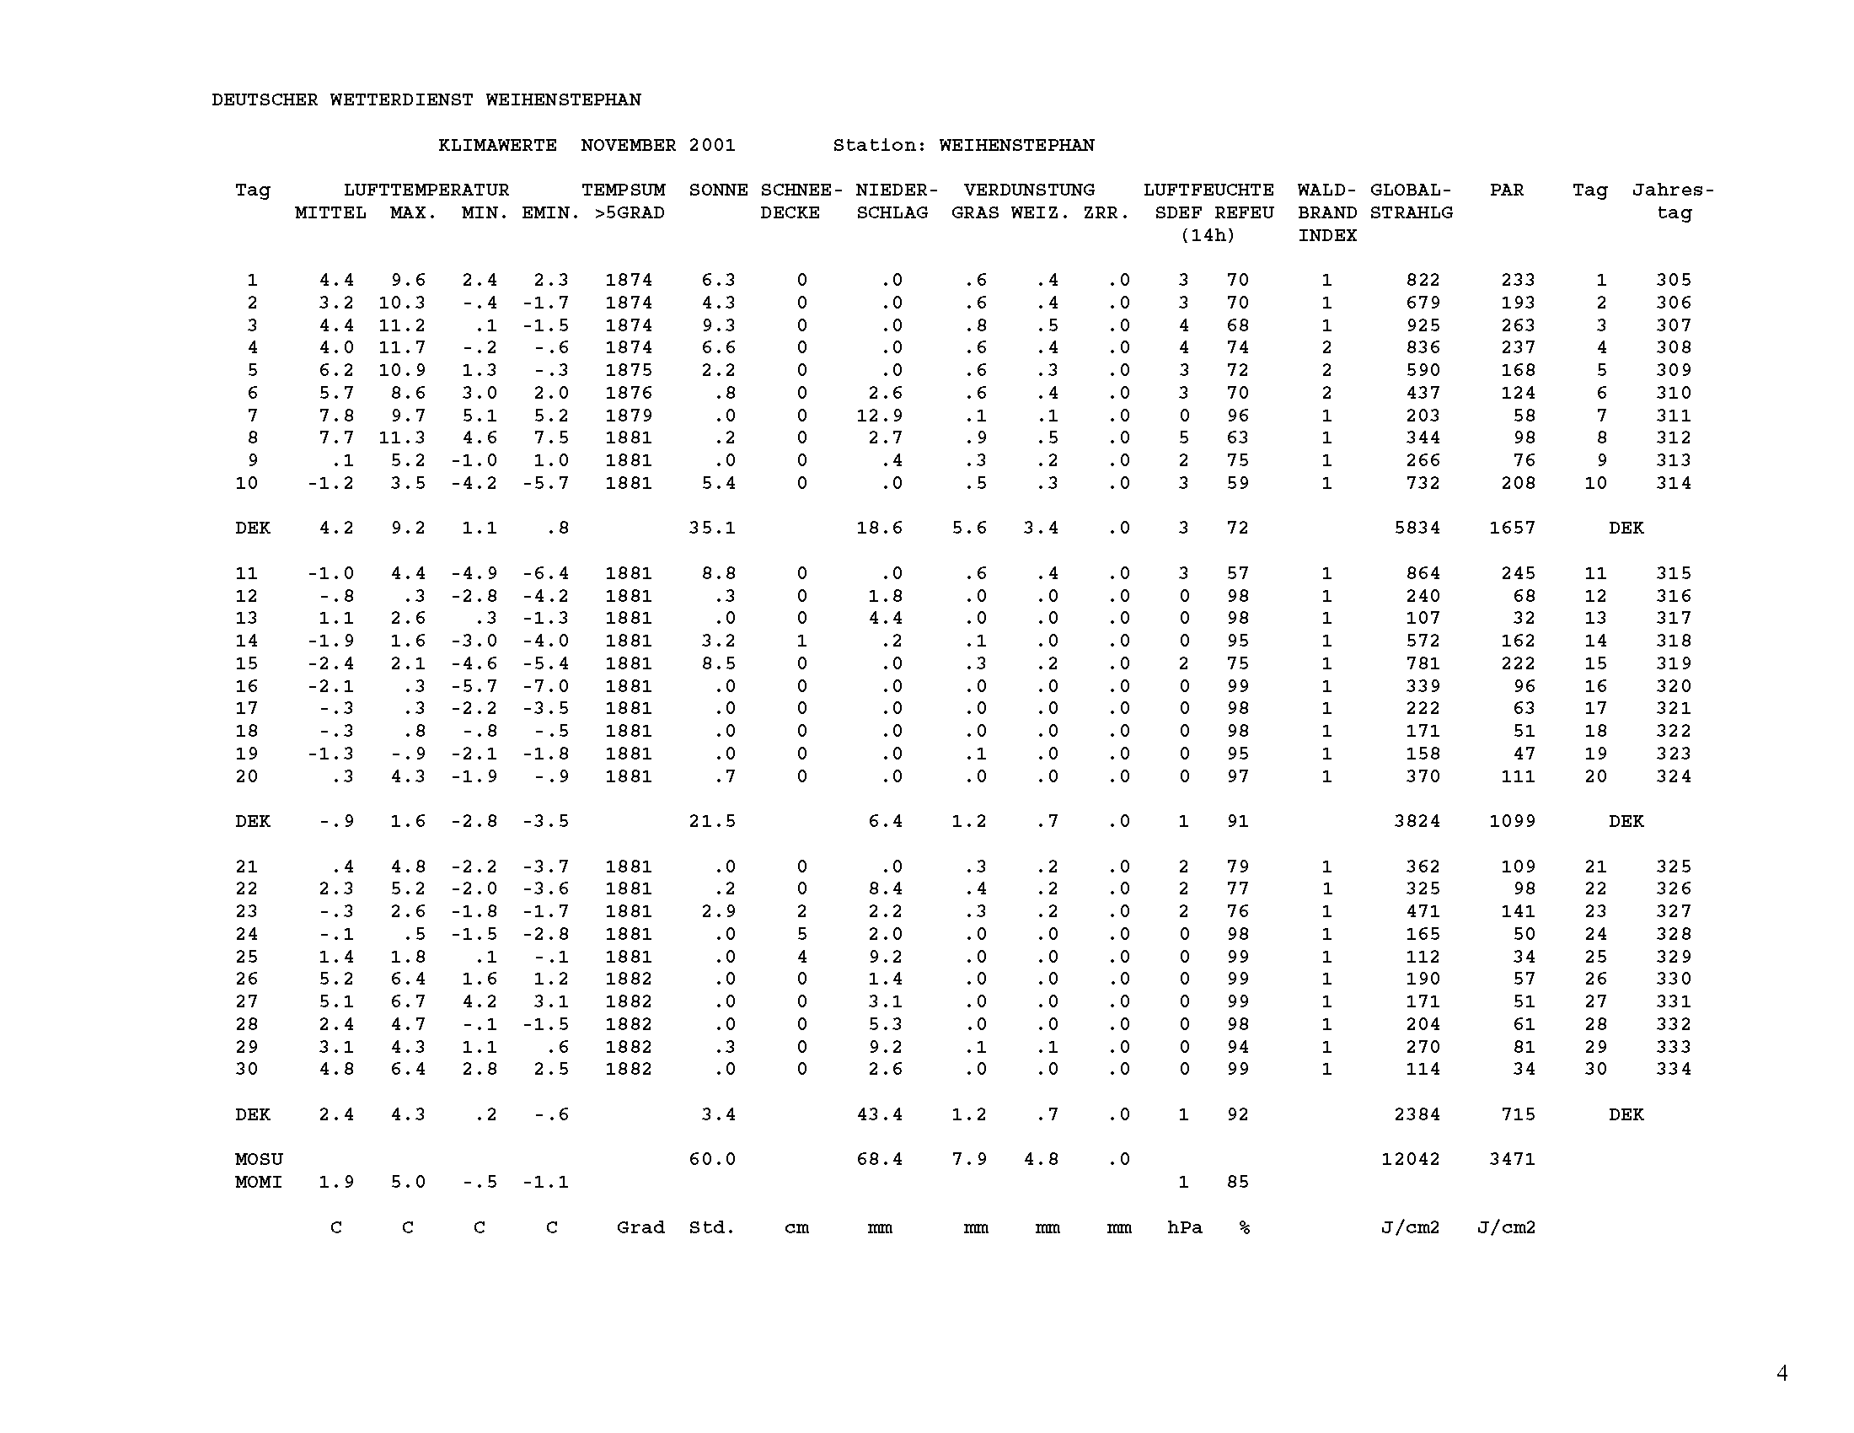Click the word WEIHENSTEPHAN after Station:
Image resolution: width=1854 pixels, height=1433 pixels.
pyautogui.click(x=1016, y=145)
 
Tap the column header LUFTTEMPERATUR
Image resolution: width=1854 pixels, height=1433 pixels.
pyautogui.click(x=426, y=191)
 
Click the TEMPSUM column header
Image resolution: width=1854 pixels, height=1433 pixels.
pyautogui.click(x=623, y=191)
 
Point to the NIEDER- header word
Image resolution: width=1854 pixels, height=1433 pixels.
pyautogui.click(x=897, y=191)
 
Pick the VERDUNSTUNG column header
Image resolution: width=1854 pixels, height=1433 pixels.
pyautogui.click(x=1029, y=191)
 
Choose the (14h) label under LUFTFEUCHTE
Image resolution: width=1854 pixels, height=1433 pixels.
pyautogui.click(x=1207, y=236)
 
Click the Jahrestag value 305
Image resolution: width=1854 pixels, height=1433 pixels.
pyautogui.click(x=1673, y=280)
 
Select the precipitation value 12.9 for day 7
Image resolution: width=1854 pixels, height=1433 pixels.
pyautogui.click(x=880, y=416)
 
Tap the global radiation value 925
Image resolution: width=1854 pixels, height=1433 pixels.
pyautogui.click(x=1423, y=325)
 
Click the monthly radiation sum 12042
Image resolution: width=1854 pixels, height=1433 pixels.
pyautogui.click(x=1411, y=1160)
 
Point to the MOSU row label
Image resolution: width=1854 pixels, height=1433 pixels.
pyautogui.click(x=259, y=1160)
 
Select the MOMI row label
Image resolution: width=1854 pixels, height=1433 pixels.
pyautogui.click(x=259, y=1183)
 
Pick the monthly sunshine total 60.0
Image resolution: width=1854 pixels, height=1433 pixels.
pyautogui.click(x=712, y=1160)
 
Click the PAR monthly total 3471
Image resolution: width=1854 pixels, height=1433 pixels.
pyautogui.click(x=1512, y=1160)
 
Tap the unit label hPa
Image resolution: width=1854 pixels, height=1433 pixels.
pyautogui.click(x=1184, y=1227)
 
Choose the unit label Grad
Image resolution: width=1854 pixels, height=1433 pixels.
pyautogui.click(x=640, y=1227)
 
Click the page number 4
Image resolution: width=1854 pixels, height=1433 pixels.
pyautogui.click(x=1782, y=1372)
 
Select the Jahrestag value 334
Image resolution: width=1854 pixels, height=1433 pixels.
pyautogui.click(x=1673, y=1070)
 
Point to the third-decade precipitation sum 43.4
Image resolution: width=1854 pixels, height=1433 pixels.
pyautogui.click(x=880, y=1114)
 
